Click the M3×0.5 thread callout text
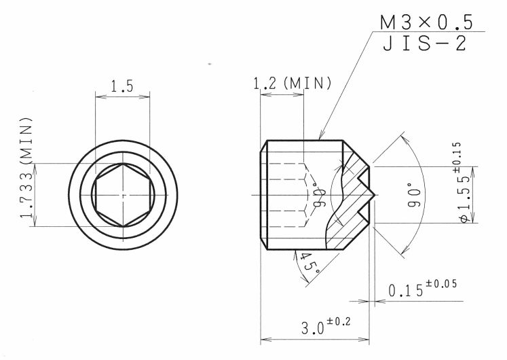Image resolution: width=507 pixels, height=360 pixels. point(425,22)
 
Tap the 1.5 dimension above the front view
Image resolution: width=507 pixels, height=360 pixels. point(122,86)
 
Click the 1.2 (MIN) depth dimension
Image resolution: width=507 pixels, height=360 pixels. point(292,84)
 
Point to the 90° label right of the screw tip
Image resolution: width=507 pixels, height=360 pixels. point(415,195)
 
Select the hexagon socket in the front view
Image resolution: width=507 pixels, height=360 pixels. point(123,195)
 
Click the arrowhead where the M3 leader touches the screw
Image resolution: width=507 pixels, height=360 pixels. point(320,139)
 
